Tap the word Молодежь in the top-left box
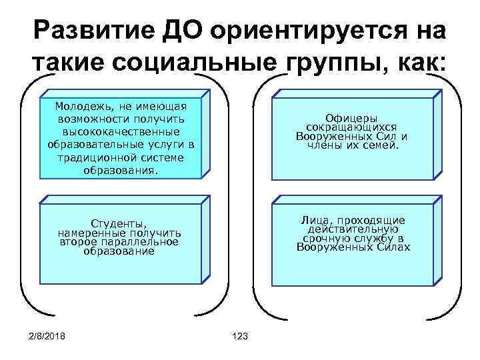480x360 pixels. coord(84,106)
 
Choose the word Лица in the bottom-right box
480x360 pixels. coord(313,220)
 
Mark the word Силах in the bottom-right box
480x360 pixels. coord(391,247)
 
